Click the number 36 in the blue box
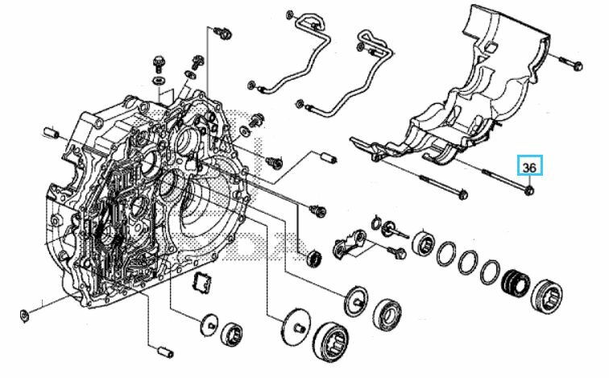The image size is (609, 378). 529,167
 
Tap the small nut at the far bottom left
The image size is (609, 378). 23,312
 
